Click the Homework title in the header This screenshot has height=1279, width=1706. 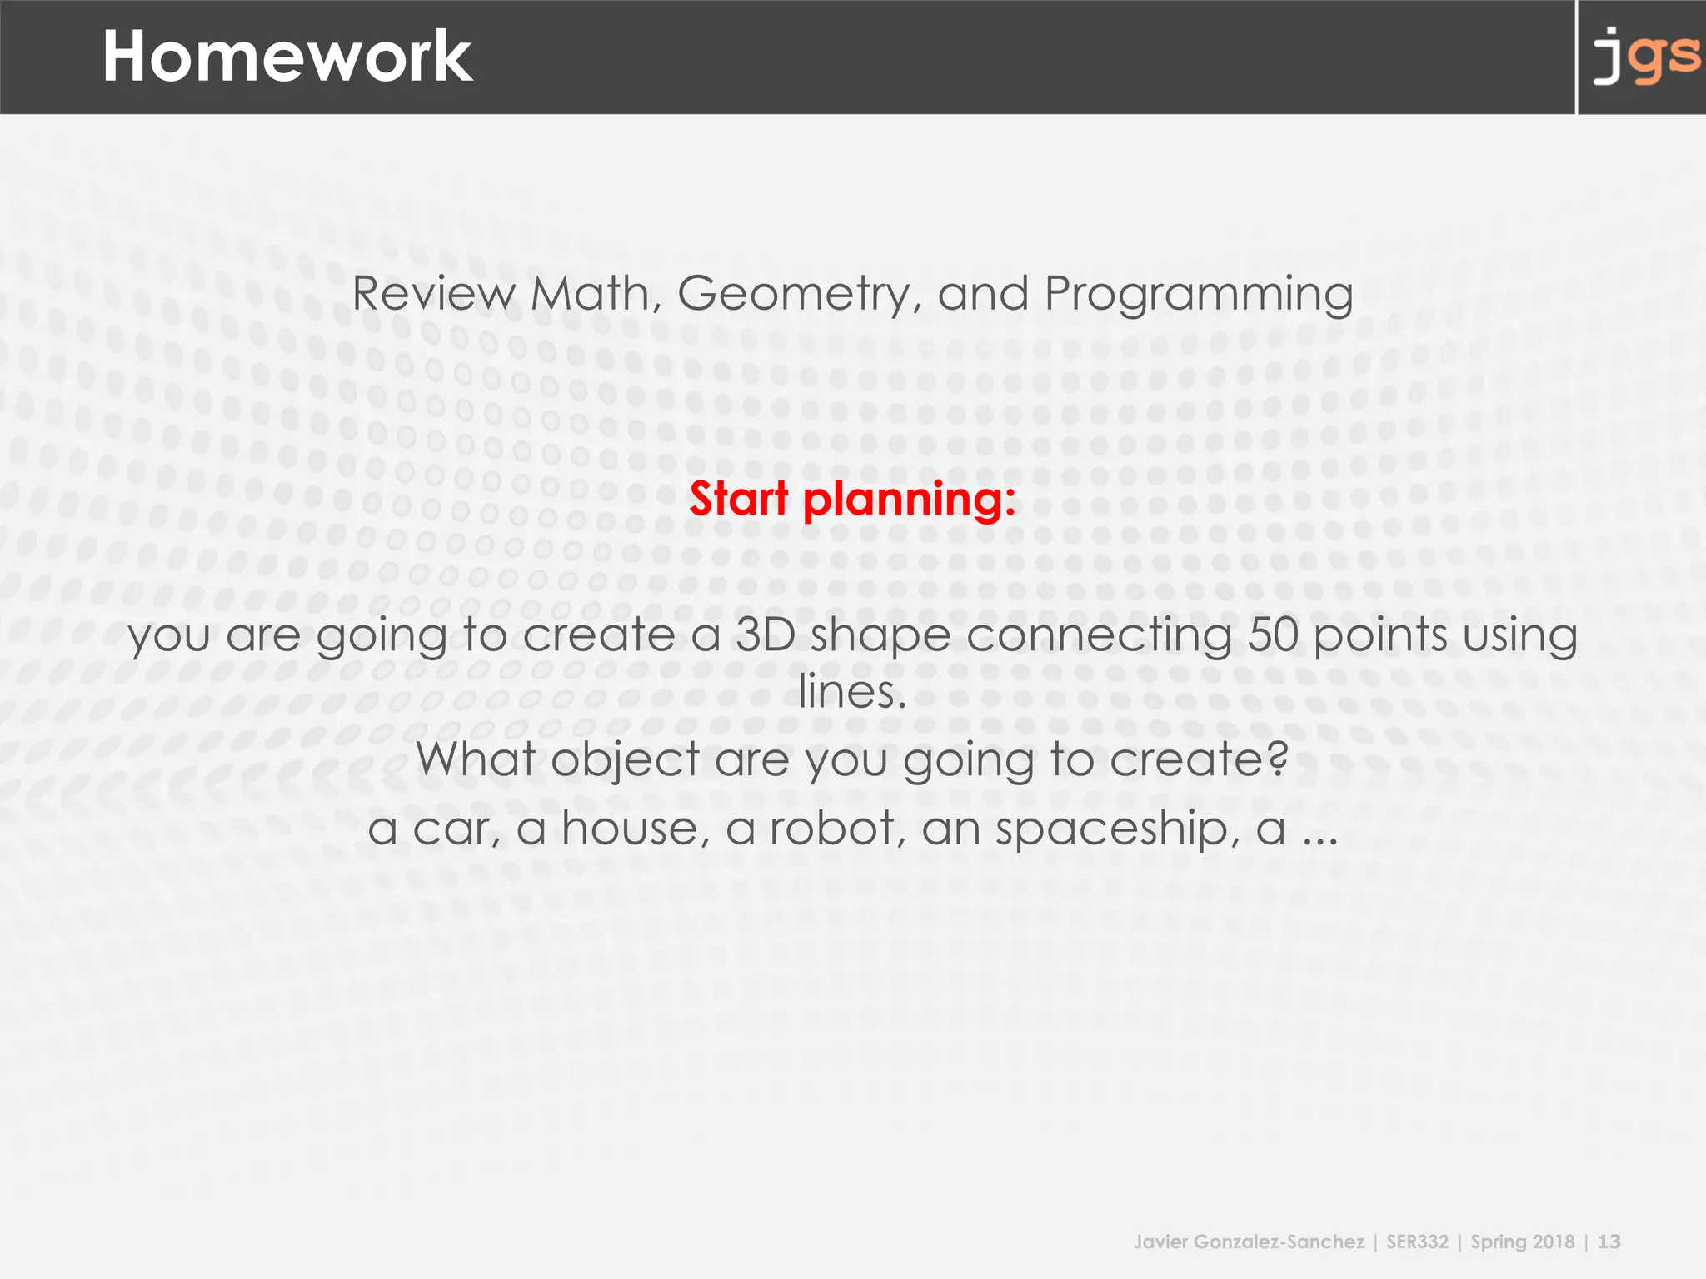tap(287, 57)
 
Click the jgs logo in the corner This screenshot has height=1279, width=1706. tap(1645, 57)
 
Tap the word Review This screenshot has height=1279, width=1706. tap(433, 294)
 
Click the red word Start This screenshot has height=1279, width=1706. tap(738, 499)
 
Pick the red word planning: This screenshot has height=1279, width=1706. tap(909, 500)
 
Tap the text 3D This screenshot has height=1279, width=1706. tap(765, 635)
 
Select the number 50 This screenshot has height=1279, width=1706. tap(1273, 635)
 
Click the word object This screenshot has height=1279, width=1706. tap(625, 761)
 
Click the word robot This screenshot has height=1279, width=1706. tap(831, 829)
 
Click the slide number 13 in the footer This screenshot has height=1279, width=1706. tap(1609, 1242)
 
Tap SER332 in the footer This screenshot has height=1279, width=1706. tap(1417, 1242)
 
